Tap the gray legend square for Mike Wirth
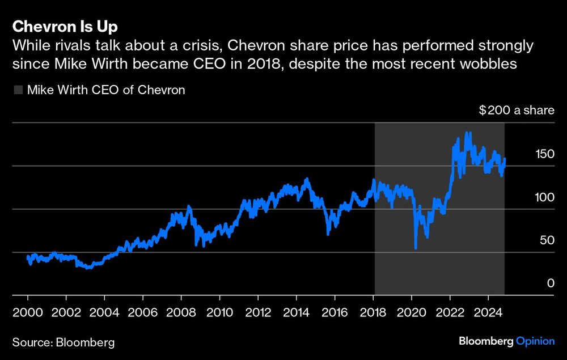click(x=18, y=90)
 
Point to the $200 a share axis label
click(x=516, y=110)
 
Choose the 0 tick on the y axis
click(x=550, y=283)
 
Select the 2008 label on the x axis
click(x=182, y=312)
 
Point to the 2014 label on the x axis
click(x=297, y=312)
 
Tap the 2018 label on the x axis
click(x=374, y=312)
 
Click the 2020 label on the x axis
click(x=412, y=312)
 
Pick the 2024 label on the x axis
click(x=489, y=312)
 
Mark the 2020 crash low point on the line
click(x=416, y=248)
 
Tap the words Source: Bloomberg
click(x=63, y=342)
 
